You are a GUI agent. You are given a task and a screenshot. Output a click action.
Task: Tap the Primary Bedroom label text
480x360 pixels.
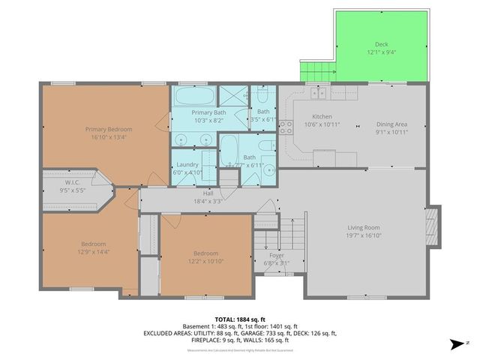(104, 129)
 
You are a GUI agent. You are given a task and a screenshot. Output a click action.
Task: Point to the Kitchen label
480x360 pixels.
(322, 116)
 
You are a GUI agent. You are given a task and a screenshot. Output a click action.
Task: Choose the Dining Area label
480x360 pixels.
(391, 124)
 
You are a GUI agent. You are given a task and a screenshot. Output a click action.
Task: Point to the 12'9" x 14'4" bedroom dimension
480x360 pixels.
(94, 253)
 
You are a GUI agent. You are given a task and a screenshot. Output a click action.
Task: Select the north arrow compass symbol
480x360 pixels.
(454, 345)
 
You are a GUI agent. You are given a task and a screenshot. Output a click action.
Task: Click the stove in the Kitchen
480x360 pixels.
(286, 128)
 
